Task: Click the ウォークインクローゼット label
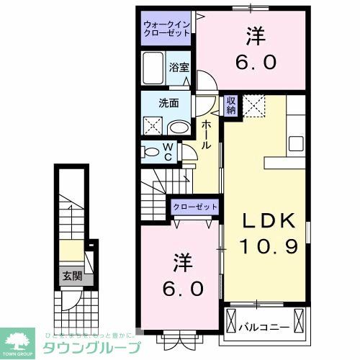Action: tap(166, 28)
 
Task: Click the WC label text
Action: tap(167, 153)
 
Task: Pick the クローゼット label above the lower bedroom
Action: tap(196, 207)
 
